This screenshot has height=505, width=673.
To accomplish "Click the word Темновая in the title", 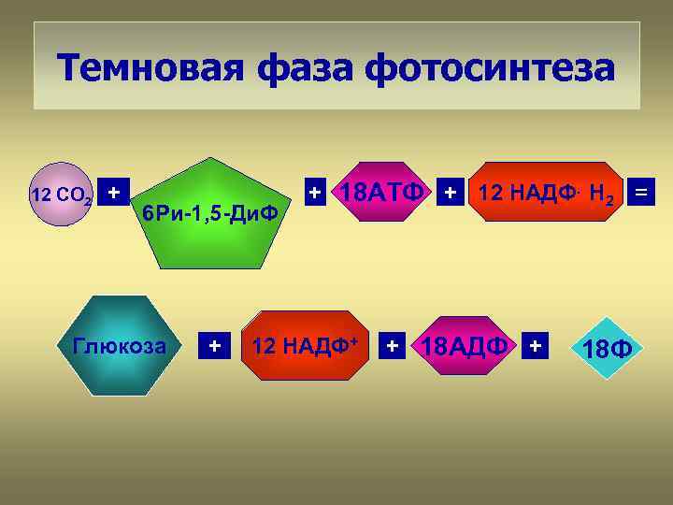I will pyautogui.click(x=150, y=68).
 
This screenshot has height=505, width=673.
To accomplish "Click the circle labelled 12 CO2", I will pyautogui.click(x=61, y=195).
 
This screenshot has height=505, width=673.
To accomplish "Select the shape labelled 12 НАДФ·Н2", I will pyautogui.click(x=545, y=194).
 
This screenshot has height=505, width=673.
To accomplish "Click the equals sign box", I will pyautogui.click(x=643, y=194).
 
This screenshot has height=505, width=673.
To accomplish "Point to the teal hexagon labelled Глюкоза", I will pyautogui.click(x=119, y=346).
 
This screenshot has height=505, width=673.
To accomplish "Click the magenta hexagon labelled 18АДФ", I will pyautogui.click(x=465, y=346).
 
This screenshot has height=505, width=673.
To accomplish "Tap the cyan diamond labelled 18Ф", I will pyautogui.click(x=607, y=349).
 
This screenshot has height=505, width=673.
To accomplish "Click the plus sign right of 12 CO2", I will pyautogui.click(x=113, y=193).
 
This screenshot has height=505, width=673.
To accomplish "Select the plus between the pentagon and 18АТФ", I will pyautogui.click(x=316, y=193).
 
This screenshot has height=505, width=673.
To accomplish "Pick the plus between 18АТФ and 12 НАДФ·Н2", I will pyautogui.click(x=451, y=194).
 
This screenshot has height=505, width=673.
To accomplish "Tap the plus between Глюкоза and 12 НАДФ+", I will pyautogui.click(x=215, y=346).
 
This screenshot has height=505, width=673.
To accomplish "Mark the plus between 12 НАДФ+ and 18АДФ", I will pyautogui.click(x=394, y=346).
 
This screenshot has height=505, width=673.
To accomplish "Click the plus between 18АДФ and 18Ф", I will pyautogui.click(x=535, y=346).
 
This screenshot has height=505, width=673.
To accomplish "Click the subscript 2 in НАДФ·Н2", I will pyautogui.click(x=609, y=201).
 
